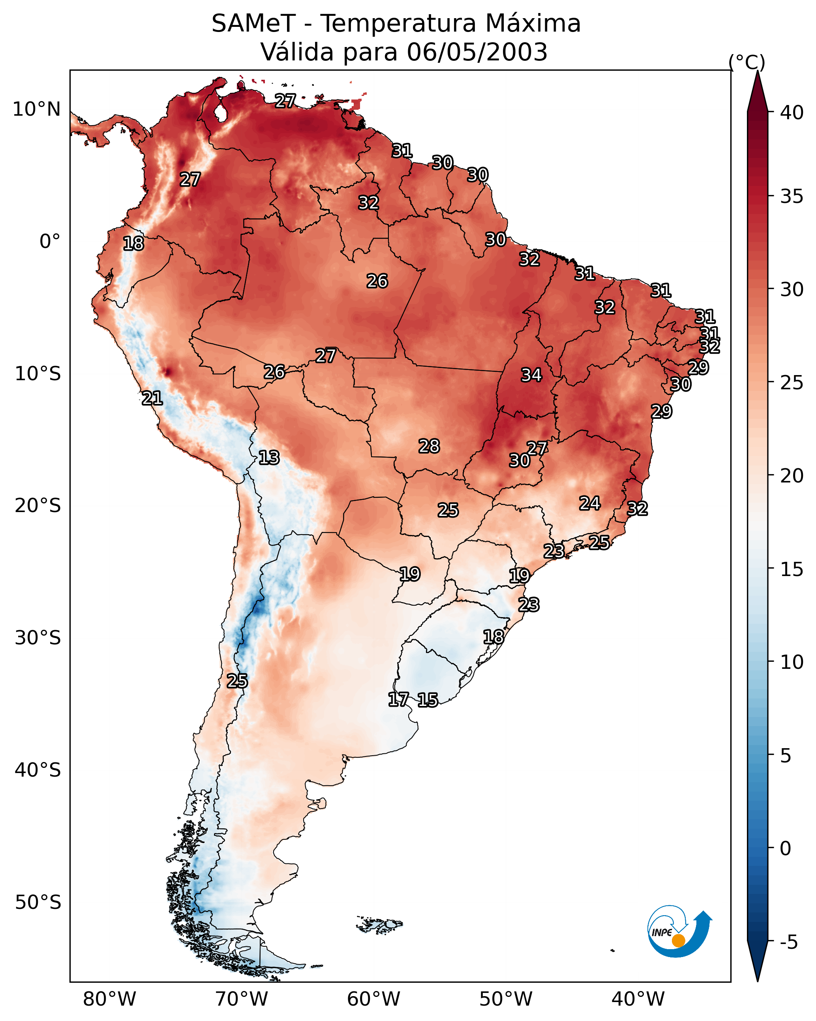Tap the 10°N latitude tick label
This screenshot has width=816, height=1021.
click(36, 109)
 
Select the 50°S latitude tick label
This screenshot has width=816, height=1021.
click(38, 903)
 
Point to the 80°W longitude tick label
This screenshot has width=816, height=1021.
click(109, 999)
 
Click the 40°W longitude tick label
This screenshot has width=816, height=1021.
click(638, 999)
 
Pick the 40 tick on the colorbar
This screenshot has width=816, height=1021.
click(792, 113)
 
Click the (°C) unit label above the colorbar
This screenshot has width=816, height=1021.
click(747, 62)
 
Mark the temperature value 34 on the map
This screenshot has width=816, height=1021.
click(531, 375)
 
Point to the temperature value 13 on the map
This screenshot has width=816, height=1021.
click(269, 458)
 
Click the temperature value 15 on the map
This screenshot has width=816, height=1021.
click(428, 700)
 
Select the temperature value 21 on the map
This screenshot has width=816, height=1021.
click(152, 398)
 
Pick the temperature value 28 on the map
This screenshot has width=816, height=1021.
click(429, 446)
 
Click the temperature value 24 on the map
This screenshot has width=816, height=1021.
click(590, 503)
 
